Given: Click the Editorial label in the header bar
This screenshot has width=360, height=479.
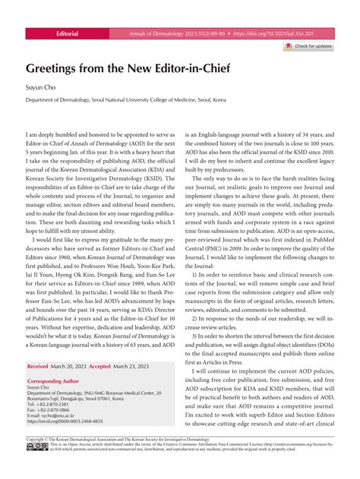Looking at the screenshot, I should click(x=68, y=34).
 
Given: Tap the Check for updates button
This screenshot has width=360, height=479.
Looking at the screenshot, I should click(x=308, y=46).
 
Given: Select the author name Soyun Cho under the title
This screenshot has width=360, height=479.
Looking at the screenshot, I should click(x=40, y=88).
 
